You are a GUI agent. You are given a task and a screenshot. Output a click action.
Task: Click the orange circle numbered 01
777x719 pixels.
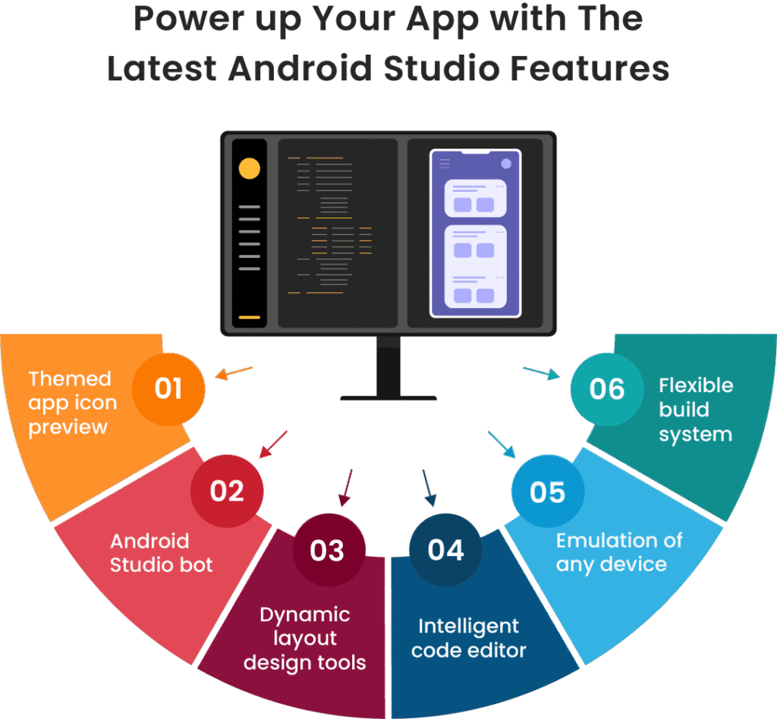coord(168,389)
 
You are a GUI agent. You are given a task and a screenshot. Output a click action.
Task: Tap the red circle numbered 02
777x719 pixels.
coord(227,491)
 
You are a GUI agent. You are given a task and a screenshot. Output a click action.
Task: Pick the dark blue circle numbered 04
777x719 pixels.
coord(445,550)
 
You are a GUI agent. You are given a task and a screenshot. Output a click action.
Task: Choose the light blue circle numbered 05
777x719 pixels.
coord(548,491)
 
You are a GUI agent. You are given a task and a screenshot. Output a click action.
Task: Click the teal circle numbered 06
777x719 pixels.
coord(607,389)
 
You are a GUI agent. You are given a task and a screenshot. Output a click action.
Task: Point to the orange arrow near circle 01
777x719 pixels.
coord(234,373)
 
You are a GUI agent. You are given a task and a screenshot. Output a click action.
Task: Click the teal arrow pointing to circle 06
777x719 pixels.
coord(542,373)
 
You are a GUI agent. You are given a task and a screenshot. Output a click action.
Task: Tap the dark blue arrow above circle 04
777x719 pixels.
coord(429,488)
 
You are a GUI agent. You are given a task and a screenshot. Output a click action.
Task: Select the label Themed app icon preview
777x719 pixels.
coord(72,403)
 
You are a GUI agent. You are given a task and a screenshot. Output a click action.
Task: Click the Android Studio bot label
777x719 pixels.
coord(161,553)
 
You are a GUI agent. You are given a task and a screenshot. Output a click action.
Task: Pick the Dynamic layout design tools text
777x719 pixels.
coord(305,639)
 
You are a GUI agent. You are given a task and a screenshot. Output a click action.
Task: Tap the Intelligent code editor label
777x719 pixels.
coord(469,639)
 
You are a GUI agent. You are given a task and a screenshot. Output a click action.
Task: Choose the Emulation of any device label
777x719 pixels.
coord(619,553)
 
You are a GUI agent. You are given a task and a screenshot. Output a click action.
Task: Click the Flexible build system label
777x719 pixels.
coord(696,410)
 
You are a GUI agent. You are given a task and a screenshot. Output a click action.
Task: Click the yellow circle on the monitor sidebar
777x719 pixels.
coord(249,168)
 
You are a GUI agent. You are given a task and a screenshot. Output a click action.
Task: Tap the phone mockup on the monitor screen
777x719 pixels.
coord(475,233)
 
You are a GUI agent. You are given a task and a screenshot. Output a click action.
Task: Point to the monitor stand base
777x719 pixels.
coord(388,398)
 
